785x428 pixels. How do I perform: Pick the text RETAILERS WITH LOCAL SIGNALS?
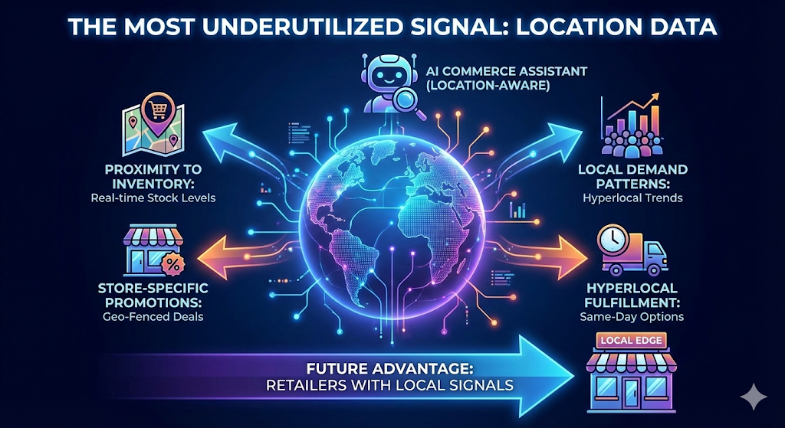pyautogui.click(x=389, y=384)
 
